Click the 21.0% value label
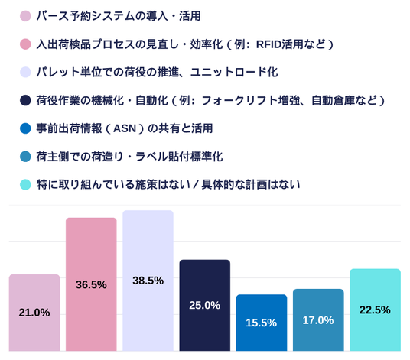click(x=34, y=313)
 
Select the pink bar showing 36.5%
click(x=91, y=284)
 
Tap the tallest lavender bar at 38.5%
click(x=148, y=281)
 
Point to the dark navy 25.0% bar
click(x=205, y=305)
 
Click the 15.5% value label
click(x=261, y=323)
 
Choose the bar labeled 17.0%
click(x=318, y=319)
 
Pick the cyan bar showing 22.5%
click(x=375, y=310)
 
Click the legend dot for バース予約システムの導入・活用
click(x=25, y=16)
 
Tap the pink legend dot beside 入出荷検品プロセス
click(x=25, y=44)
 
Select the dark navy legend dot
click(x=25, y=100)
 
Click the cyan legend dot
click(x=25, y=184)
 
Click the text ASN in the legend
click(x=125, y=128)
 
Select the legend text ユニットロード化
click(x=234, y=72)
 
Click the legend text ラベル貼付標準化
click(x=179, y=157)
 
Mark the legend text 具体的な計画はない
click(x=251, y=185)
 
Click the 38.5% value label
click(x=148, y=281)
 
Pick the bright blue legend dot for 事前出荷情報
click(x=25, y=128)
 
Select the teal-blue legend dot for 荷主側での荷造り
click(x=25, y=157)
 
